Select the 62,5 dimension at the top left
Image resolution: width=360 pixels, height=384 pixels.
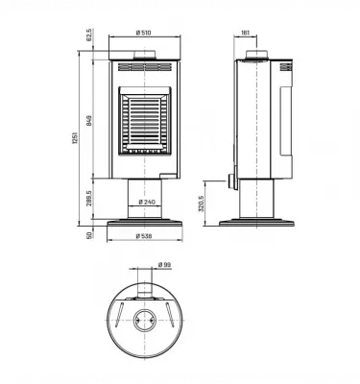[89, 36]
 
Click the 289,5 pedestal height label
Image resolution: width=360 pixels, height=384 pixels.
[89, 199]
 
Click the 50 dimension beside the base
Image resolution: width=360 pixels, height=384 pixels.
[89, 234]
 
